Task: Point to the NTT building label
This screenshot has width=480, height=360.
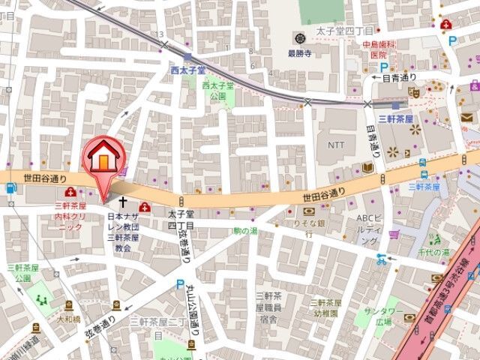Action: (x=337, y=143)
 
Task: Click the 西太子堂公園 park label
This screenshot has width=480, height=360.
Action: (x=217, y=91)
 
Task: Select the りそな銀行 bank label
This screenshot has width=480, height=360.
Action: (x=308, y=228)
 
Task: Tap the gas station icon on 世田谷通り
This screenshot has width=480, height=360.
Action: (x=10, y=188)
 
